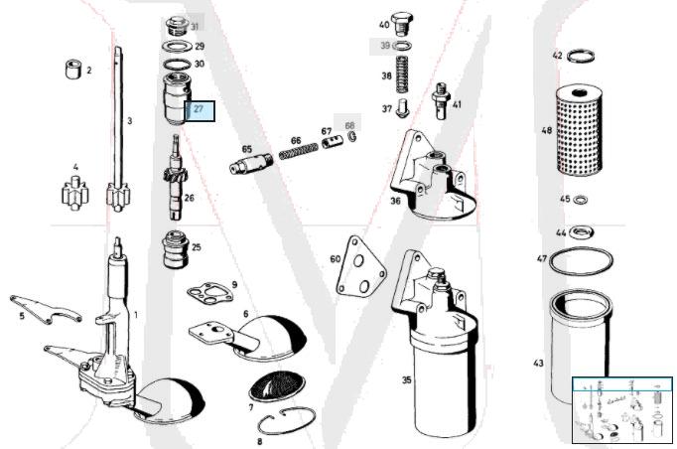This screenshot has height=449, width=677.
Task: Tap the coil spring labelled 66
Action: pyautogui.click(x=295, y=153)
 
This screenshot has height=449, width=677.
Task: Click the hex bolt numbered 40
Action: pyautogui.click(x=401, y=24)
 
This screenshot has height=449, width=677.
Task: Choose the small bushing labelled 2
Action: pyautogui.click(x=72, y=71)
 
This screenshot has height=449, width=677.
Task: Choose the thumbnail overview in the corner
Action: pyautogui.click(x=622, y=409)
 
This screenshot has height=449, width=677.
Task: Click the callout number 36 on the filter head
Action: pyautogui.click(x=395, y=201)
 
